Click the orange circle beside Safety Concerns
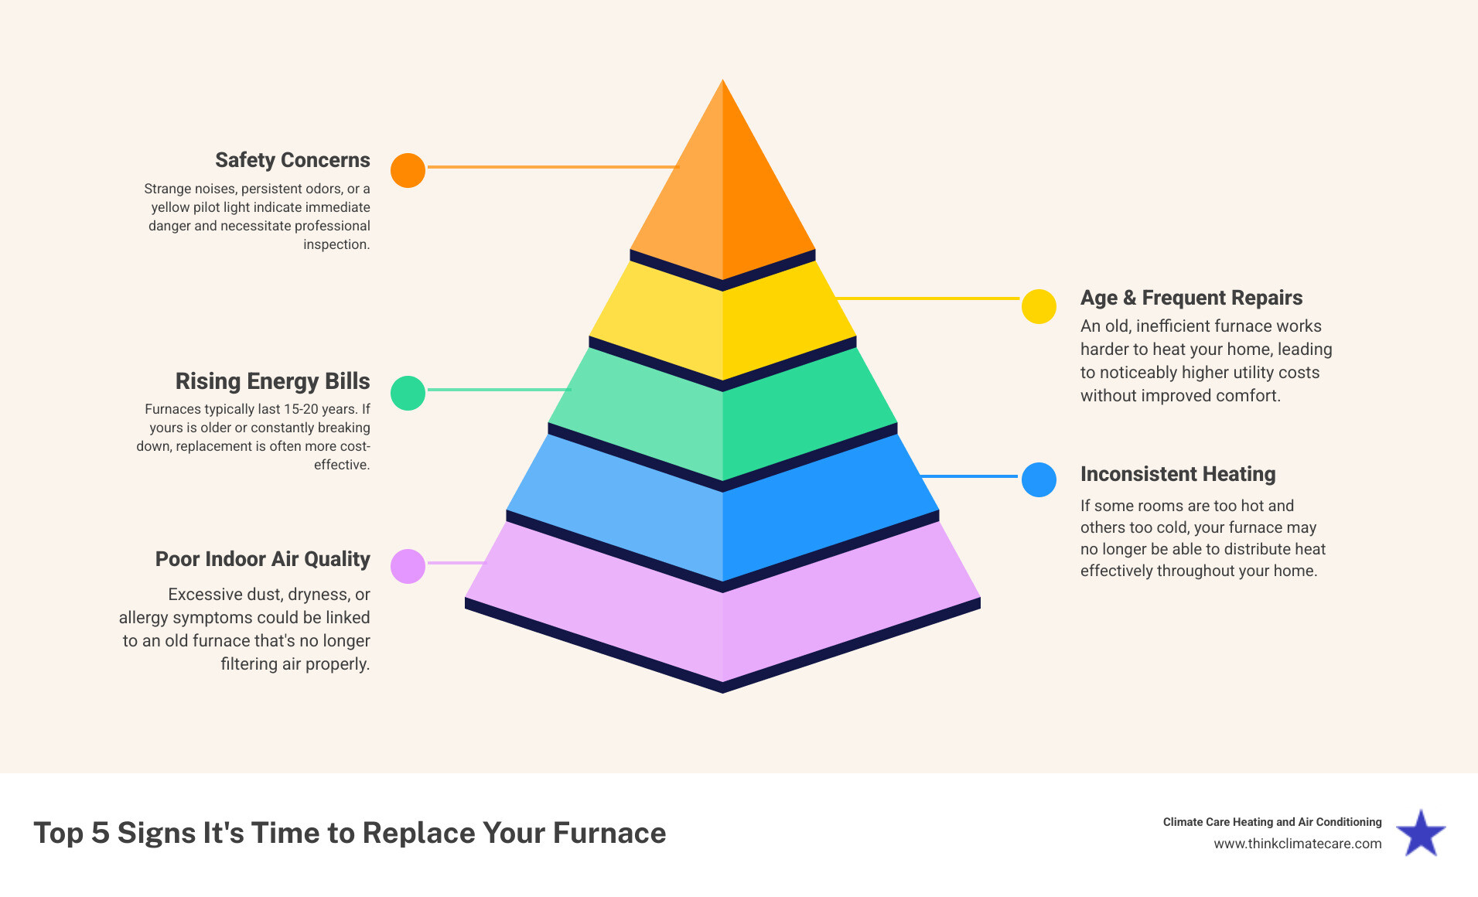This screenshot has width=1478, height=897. point(408,170)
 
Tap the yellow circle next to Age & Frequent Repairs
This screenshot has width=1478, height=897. point(1039,306)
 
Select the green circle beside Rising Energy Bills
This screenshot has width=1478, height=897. point(408,393)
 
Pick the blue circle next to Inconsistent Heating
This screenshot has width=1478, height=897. point(1039,479)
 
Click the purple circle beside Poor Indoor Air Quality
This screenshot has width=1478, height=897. point(408,566)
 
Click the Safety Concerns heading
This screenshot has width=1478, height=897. point(292,160)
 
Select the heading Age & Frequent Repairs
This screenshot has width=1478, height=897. point(1191,298)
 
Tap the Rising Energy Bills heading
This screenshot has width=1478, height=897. point(272,381)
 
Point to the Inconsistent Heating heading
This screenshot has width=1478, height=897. point(1177,474)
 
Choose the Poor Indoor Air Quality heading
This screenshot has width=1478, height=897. point(262,559)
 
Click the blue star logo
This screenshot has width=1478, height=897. point(1421,834)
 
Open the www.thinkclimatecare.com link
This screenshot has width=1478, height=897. point(1297,844)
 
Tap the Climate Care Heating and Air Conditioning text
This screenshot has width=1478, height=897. point(1271,822)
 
